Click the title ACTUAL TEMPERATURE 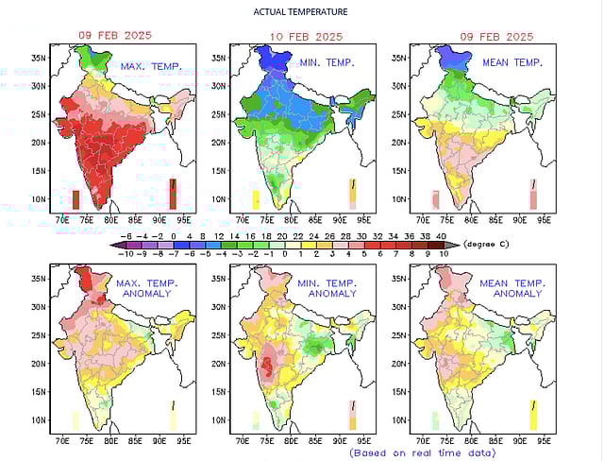pyautogui.click(x=301, y=12)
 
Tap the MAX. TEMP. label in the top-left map pyautogui.click(x=151, y=66)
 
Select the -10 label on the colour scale pyautogui.click(x=123, y=253)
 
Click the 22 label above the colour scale pyautogui.click(x=299, y=233)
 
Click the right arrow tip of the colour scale pyautogui.click(x=457, y=244)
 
